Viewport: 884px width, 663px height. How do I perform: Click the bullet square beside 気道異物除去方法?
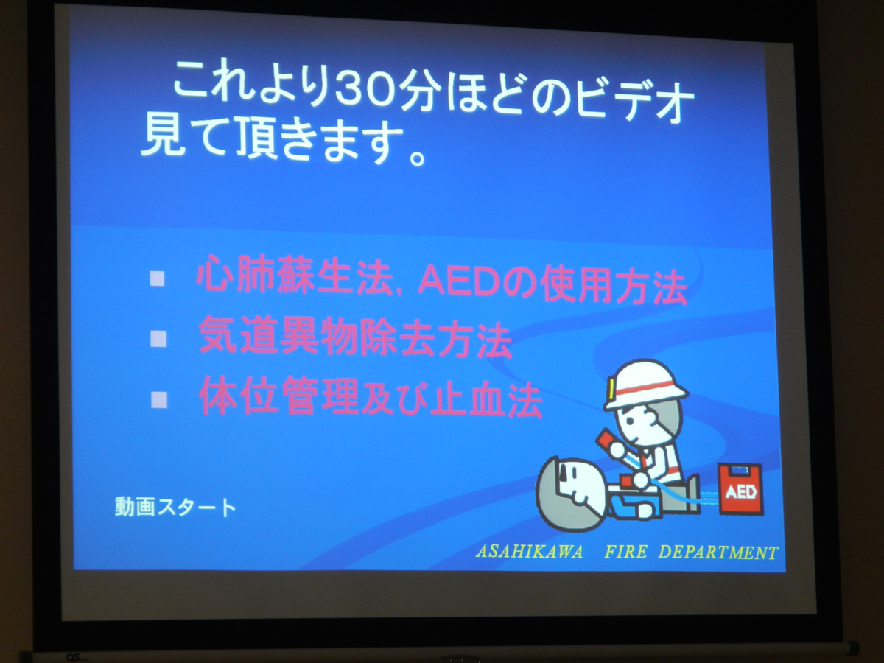158,338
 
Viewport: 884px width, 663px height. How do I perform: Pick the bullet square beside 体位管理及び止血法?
158,399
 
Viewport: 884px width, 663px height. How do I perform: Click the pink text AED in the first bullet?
449,282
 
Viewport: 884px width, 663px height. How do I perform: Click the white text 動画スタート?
175,507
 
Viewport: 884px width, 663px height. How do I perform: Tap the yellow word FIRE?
625,552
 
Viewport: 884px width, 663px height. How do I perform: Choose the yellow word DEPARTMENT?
718,552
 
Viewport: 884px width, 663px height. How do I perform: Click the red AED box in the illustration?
740,489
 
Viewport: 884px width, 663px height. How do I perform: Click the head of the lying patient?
570,492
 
